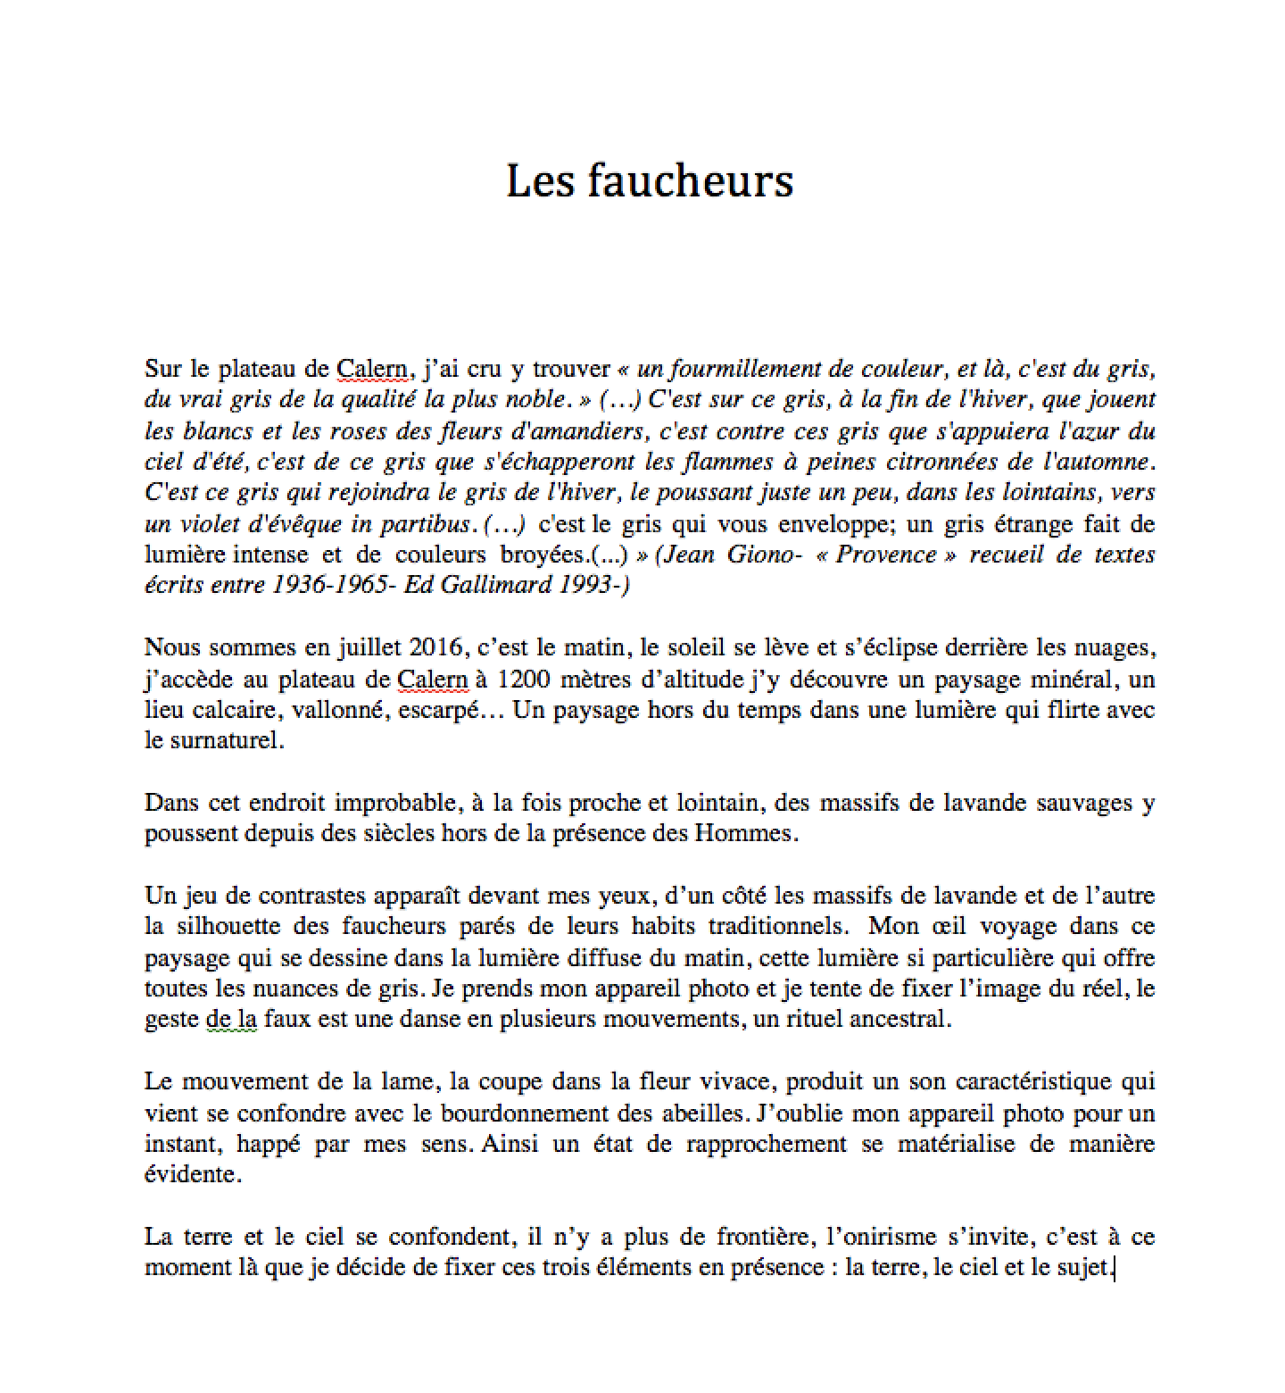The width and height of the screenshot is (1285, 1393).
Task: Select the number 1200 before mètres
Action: click(x=523, y=680)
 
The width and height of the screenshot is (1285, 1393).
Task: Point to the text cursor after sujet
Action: click(x=1115, y=1268)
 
